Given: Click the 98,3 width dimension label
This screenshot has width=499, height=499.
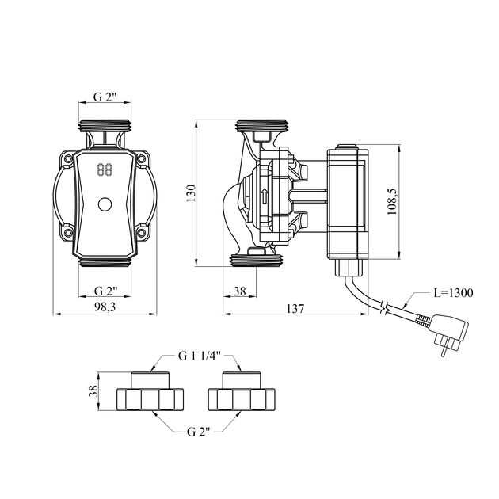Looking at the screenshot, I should tap(105, 308).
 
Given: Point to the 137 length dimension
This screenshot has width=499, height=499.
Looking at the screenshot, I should tap(295, 308).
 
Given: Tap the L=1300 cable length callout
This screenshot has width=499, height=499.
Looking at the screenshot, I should tap(454, 293).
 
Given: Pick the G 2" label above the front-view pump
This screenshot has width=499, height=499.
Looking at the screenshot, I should tap(105, 97).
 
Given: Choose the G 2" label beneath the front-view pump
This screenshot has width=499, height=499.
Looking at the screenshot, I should tap(105, 291).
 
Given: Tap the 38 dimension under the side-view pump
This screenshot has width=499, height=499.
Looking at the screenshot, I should tap(240, 291).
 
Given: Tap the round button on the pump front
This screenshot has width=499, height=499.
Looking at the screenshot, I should tap(105, 205).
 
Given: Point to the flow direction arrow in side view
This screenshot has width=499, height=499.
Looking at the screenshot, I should tap(264, 196).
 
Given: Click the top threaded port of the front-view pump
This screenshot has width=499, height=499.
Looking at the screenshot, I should tap(105, 125).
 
